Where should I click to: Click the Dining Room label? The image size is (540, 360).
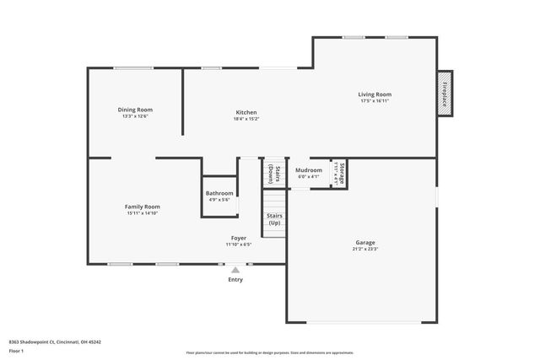[135, 110]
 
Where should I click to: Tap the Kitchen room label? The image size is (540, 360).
[246, 112]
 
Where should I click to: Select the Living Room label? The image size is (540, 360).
[375, 94]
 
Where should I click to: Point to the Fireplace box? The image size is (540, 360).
[444, 92]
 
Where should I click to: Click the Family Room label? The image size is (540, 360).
[142, 207]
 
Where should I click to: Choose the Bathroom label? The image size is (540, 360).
[219, 193]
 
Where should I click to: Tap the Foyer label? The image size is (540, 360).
[239, 238]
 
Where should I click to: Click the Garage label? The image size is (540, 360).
[365, 242]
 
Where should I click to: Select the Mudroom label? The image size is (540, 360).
[309, 170]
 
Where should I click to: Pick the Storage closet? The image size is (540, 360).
[339, 172]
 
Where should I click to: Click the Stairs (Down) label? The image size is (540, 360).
[273, 173]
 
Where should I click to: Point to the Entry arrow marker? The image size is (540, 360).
[235, 270]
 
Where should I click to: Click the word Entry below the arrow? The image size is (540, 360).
[235, 280]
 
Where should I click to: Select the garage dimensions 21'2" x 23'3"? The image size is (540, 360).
[365, 249]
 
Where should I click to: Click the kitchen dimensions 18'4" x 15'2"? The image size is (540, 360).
[246, 119]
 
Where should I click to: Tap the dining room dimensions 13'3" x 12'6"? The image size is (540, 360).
[135, 116]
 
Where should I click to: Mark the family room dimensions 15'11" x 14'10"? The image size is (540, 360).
[142, 213]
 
